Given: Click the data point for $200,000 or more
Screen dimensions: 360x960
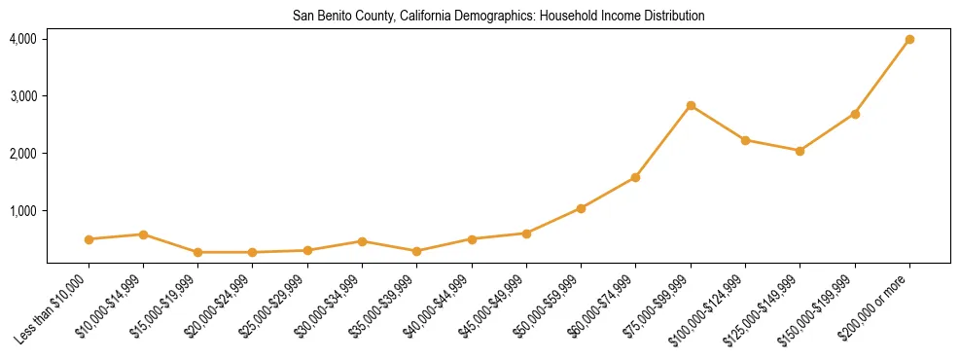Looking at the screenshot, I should coord(909,39).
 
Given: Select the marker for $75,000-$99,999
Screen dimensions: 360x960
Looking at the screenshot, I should coord(691,105).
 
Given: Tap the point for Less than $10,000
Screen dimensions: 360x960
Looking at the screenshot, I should coord(89,239).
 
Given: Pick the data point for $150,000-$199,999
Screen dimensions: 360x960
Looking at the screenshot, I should coord(855,114).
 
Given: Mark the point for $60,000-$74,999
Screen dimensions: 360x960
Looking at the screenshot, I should coord(635,177).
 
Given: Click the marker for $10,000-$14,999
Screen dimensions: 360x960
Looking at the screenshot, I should coord(143,234).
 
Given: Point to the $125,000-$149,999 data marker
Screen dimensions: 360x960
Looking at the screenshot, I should coord(800,151).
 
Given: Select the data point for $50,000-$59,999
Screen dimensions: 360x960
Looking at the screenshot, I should coord(581,208).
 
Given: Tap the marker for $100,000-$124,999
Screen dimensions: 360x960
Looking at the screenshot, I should coord(745,140).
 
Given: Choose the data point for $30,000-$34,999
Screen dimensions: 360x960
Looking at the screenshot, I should coord(362,241).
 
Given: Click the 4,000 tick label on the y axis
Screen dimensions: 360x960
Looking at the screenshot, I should coord(22,39).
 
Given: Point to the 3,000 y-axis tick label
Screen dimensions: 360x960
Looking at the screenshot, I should coord(22,96).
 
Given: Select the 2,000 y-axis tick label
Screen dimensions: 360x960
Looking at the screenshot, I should coord(22,154).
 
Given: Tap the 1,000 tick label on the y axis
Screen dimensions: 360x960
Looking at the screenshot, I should coord(22,211).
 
